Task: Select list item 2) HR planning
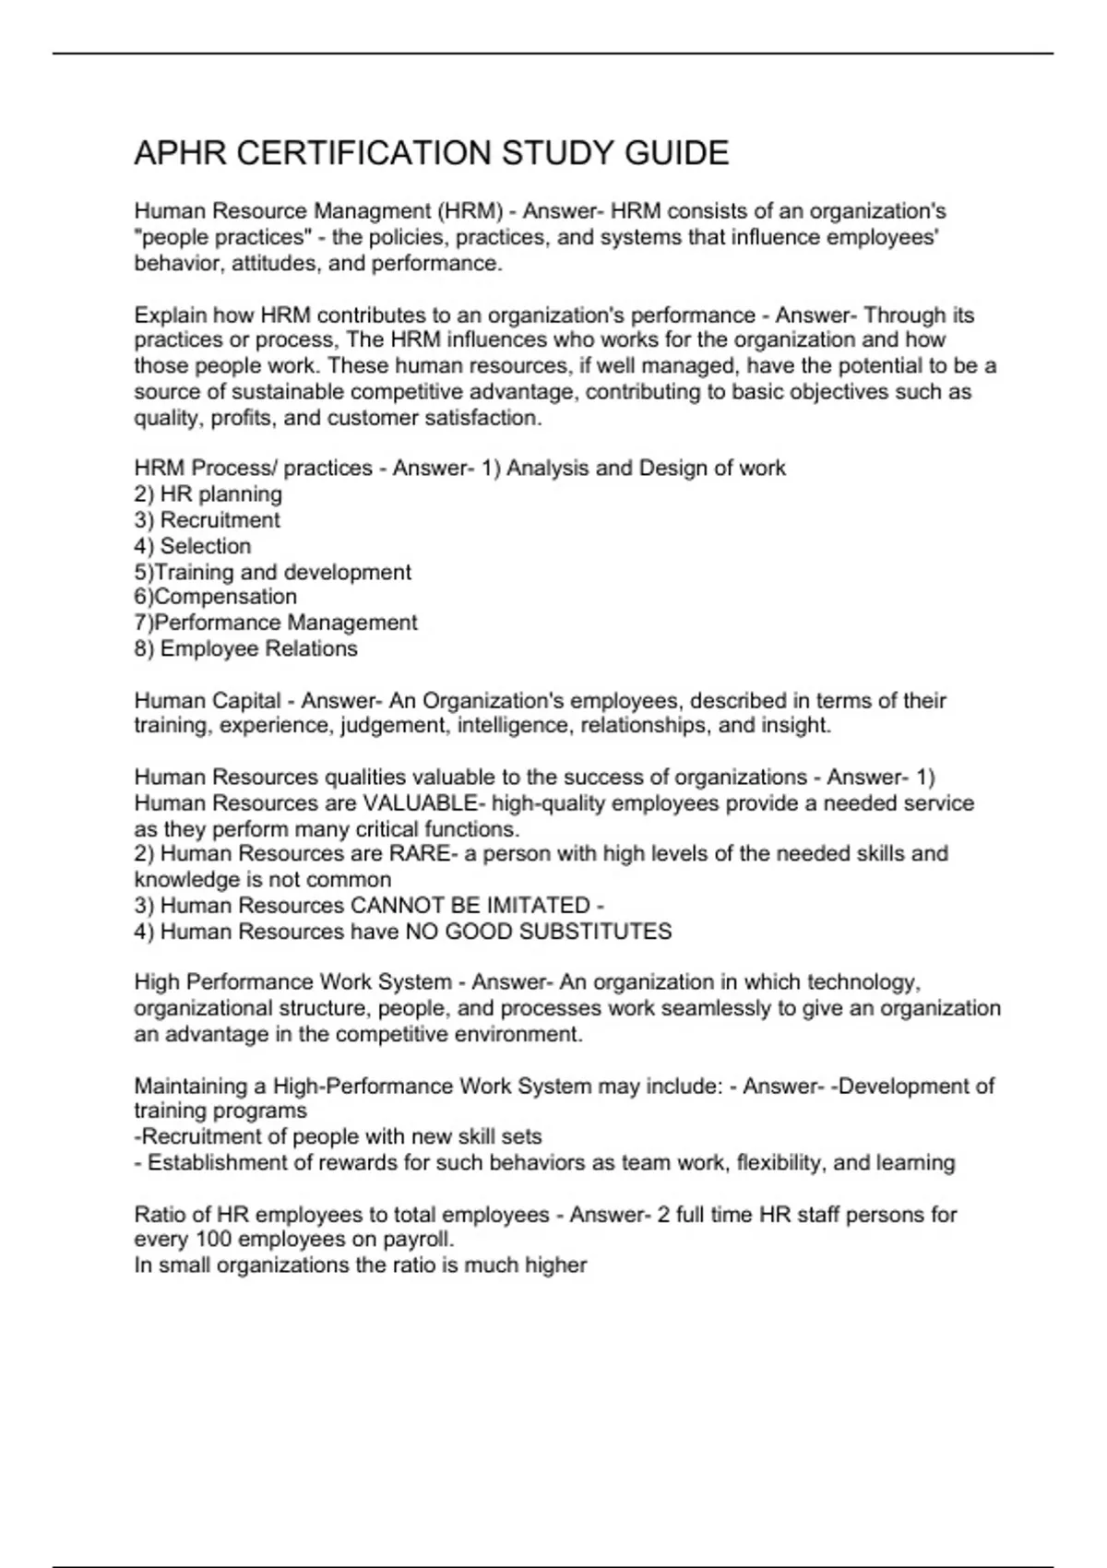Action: click(208, 493)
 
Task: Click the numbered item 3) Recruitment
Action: click(207, 519)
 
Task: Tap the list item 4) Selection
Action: click(192, 545)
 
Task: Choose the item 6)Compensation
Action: click(215, 597)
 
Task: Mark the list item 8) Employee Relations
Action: click(245, 648)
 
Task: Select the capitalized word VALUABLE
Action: click(420, 803)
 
